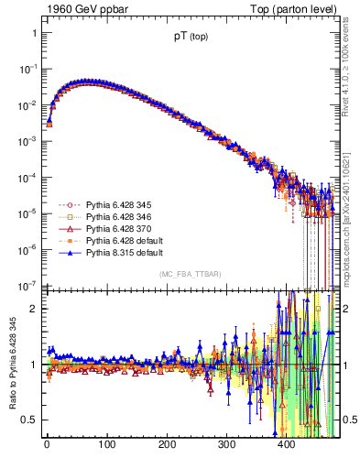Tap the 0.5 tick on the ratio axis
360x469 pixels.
point(30,420)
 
